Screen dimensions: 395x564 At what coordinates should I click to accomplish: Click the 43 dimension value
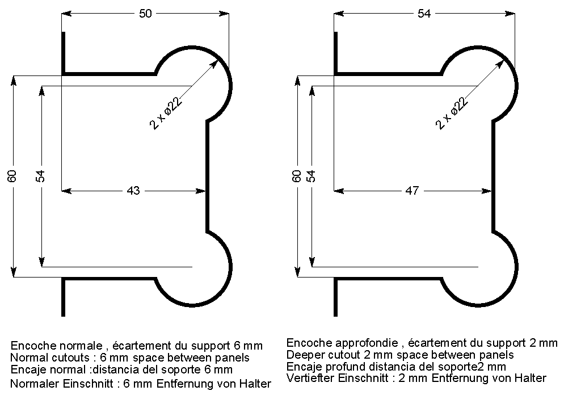[x=133, y=191]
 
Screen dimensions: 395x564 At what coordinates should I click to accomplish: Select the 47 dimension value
[x=412, y=191]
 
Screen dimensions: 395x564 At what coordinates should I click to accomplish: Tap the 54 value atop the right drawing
[x=424, y=14]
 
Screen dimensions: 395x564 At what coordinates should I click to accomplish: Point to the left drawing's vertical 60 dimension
[x=12, y=176]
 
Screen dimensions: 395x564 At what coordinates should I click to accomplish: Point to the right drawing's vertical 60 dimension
[x=296, y=176]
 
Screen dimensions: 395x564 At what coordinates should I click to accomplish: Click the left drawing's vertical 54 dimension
[x=40, y=176]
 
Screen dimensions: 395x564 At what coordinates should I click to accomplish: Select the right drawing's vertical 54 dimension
[x=311, y=176]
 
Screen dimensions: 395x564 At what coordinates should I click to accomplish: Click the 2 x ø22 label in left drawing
[x=166, y=112]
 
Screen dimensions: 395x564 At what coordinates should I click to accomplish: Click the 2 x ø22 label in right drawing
[x=452, y=112]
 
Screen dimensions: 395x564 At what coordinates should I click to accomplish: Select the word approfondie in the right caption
[x=369, y=343]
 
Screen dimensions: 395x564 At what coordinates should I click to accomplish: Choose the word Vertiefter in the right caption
[x=310, y=378]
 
